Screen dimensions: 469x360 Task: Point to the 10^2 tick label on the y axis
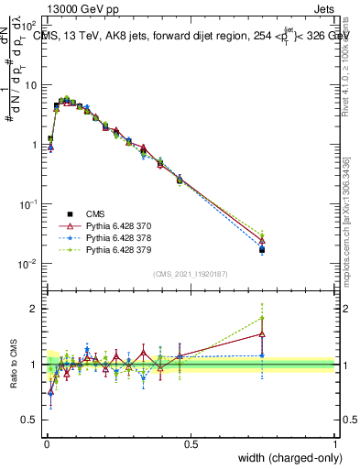(x=29, y=26)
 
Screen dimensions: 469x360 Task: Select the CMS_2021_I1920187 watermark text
(x=191, y=273)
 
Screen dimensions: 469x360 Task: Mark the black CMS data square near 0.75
(x=262, y=249)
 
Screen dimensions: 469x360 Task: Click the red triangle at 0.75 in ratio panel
(x=262, y=333)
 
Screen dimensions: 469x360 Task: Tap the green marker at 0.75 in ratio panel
(x=262, y=318)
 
